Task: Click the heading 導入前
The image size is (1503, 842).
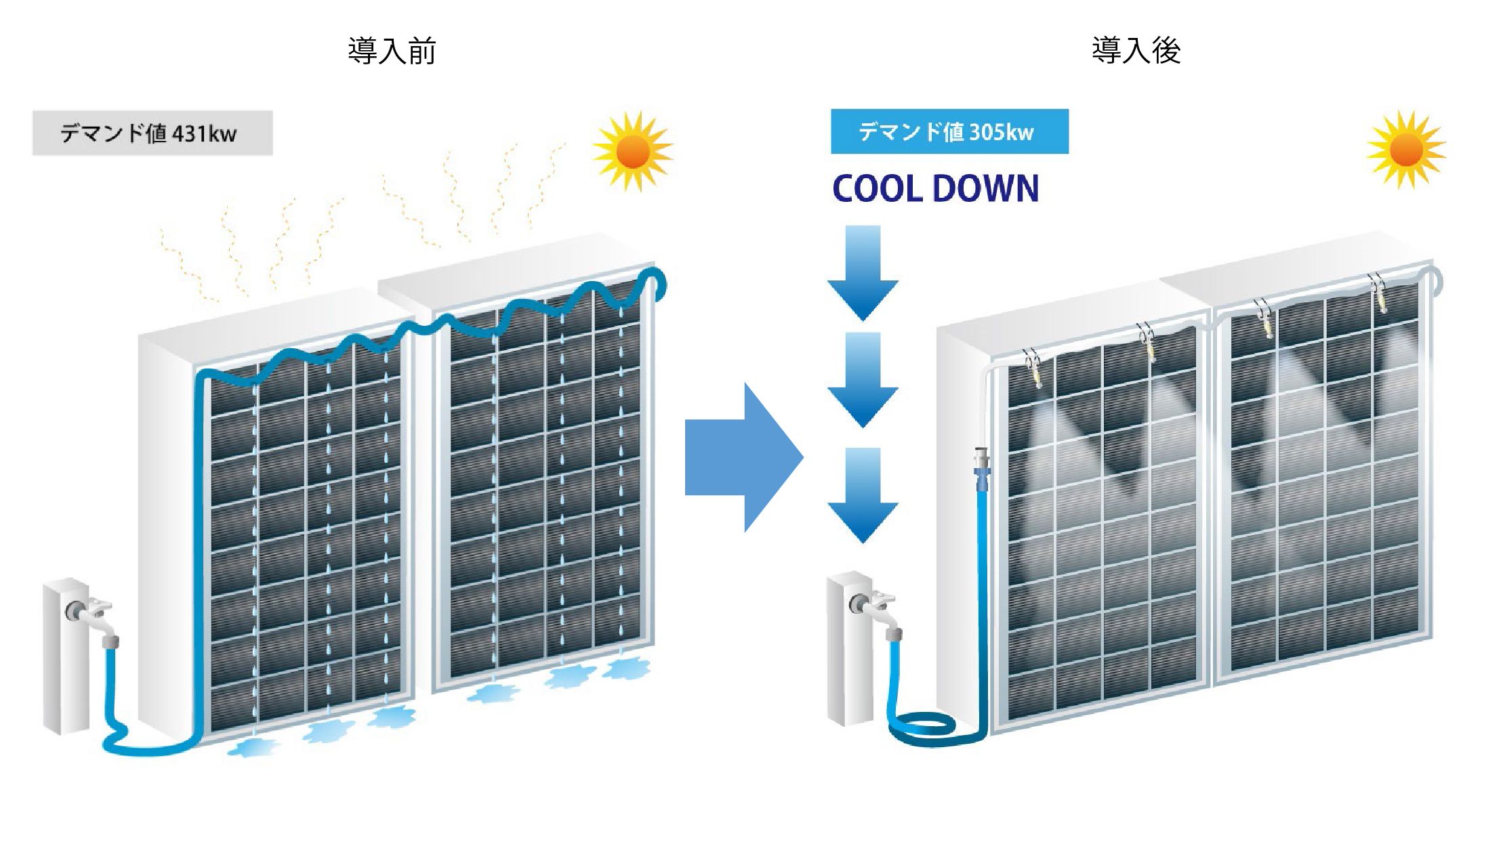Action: [391, 51]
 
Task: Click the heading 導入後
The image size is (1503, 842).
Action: [1136, 50]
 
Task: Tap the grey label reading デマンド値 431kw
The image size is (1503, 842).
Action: [152, 133]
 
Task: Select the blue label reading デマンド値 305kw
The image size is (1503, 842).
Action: [949, 131]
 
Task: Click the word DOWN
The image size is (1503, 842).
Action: [985, 189]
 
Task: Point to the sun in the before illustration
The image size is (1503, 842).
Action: [633, 150]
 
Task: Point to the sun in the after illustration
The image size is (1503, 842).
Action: [1406, 149]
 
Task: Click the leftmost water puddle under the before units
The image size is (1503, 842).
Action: [253, 746]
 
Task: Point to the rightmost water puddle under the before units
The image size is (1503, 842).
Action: [626, 669]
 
